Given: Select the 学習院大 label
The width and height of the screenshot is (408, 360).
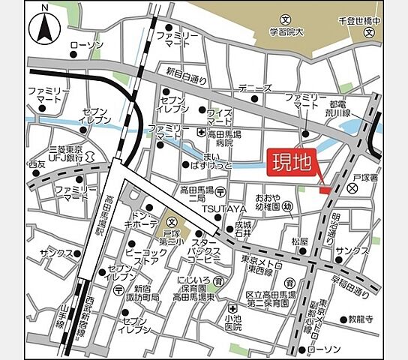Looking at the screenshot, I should pyautogui.click(x=286, y=30).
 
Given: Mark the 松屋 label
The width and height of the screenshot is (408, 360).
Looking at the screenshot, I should pyautogui.click(x=299, y=241).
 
